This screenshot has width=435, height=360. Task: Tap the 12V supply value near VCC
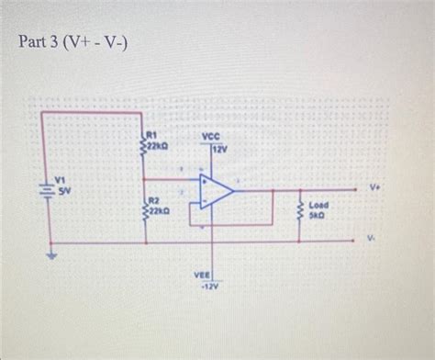pyautogui.click(x=220, y=150)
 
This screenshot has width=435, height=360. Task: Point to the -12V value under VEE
pyautogui.click(x=206, y=286)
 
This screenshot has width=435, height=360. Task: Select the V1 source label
pyautogui.click(x=61, y=180)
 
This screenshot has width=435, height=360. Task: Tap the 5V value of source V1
pyautogui.click(x=64, y=191)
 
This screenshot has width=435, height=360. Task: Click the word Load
pyautogui.click(x=318, y=206)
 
